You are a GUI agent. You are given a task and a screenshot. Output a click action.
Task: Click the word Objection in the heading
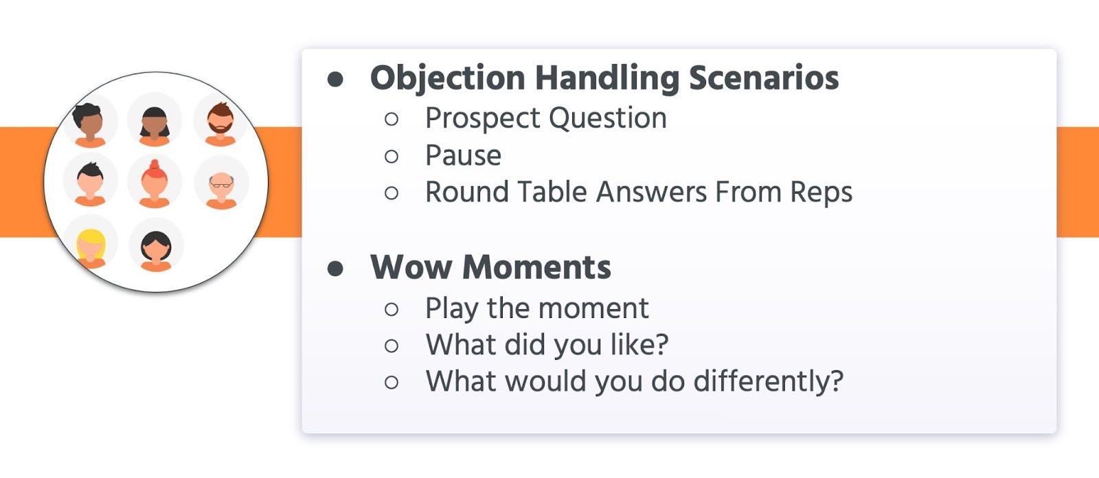tap(447, 78)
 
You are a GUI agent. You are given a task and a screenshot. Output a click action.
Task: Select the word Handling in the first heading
tap(607, 78)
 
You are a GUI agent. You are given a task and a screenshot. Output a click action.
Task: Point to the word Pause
tap(463, 156)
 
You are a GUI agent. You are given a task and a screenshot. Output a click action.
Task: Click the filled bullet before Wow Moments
tap(335, 269)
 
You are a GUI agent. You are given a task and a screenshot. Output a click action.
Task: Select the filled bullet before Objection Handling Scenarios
tap(335, 79)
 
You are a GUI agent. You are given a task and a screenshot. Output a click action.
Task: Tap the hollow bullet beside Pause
tap(392, 157)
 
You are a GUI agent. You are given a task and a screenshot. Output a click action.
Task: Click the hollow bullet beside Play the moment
tap(392, 309)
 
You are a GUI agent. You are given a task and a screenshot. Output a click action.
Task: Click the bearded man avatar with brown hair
tap(220, 123)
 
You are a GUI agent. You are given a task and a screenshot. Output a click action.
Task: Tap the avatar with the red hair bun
tap(155, 183)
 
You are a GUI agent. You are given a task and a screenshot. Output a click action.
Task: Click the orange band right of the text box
tap(1078, 182)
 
